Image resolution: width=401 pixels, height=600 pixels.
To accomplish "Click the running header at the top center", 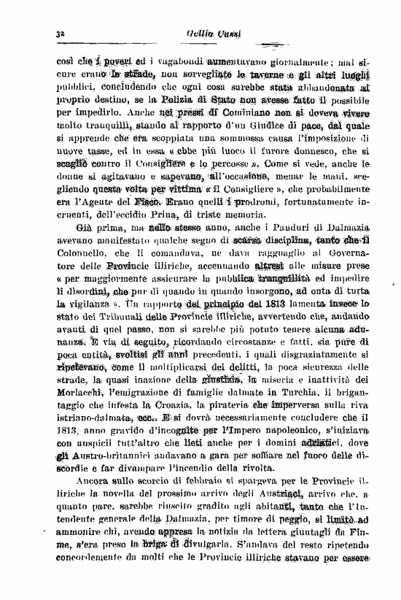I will click(211, 34).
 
